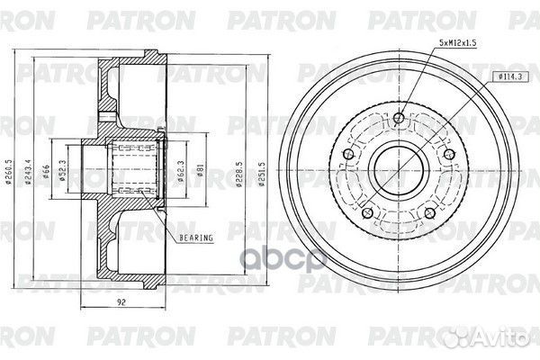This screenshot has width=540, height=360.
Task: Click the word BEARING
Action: coord(195,238)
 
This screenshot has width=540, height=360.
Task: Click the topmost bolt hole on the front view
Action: coord(400,116)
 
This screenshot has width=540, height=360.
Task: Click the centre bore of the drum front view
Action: coord(400,167)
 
